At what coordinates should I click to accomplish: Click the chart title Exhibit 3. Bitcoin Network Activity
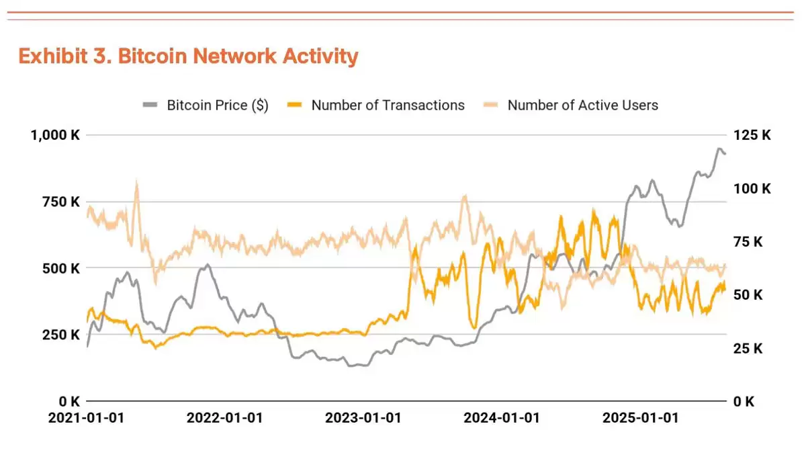point(188,56)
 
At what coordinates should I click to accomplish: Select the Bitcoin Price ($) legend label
point(218,105)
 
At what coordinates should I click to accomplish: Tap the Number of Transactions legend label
point(388,105)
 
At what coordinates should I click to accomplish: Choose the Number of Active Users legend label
point(582,105)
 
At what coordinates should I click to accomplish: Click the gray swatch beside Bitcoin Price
point(150,105)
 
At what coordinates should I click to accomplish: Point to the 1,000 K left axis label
point(55,135)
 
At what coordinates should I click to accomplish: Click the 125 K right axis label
point(752,135)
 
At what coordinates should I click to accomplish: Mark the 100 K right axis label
point(752,188)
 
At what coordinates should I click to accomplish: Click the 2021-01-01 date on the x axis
point(86,418)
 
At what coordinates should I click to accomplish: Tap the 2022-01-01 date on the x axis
point(224,418)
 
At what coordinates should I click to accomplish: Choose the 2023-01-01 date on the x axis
point(363,418)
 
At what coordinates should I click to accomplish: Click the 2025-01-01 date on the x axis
point(640,418)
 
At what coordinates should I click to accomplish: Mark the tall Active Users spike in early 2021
point(136,183)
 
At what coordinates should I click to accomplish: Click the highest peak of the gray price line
point(719,149)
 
